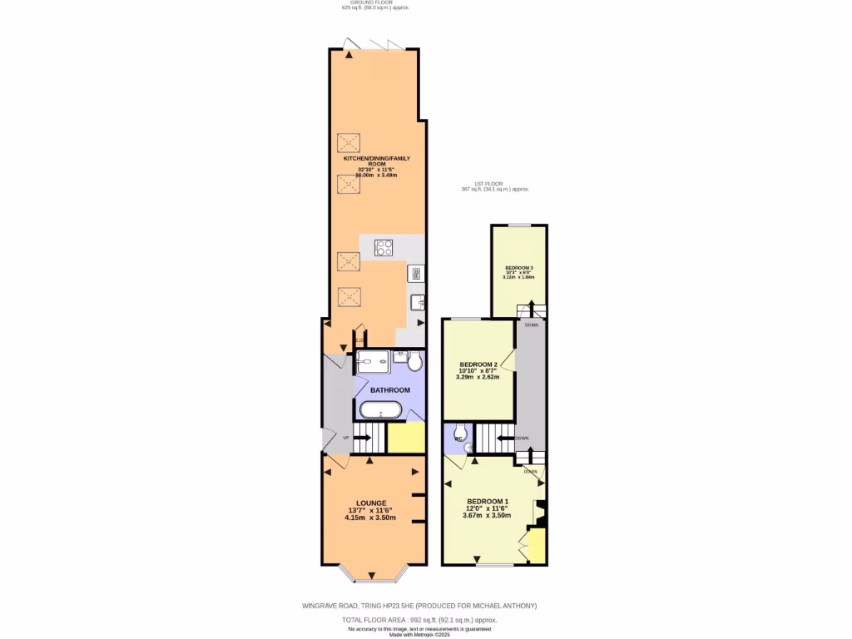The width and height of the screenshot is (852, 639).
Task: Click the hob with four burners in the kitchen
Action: pyautogui.click(x=384, y=247)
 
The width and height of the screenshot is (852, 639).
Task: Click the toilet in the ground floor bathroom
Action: pyautogui.click(x=414, y=360)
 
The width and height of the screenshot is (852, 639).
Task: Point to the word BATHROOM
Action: pyautogui.click(x=390, y=390)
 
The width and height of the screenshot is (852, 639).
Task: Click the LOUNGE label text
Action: pyautogui.click(x=370, y=503)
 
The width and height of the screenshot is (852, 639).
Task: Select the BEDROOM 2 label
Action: pyautogui.click(x=478, y=364)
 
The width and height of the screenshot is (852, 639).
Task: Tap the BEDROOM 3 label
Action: pyautogui.click(x=518, y=267)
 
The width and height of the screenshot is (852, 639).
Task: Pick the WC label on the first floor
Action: pyautogui.click(x=458, y=438)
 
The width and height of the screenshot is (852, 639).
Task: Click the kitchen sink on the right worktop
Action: pyautogui.click(x=417, y=301)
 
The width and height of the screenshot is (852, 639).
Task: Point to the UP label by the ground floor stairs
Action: pyautogui.click(x=345, y=438)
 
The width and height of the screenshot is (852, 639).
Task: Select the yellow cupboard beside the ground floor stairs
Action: pyautogui.click(x=406, y=438)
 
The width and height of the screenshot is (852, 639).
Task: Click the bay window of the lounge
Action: pyautogui.click(x=370, y=572)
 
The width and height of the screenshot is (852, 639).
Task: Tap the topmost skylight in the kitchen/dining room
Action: pyautogui.click(x=348, y=142)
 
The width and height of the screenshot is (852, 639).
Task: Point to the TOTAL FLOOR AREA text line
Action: pyautogui.click(x=419, y=620)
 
